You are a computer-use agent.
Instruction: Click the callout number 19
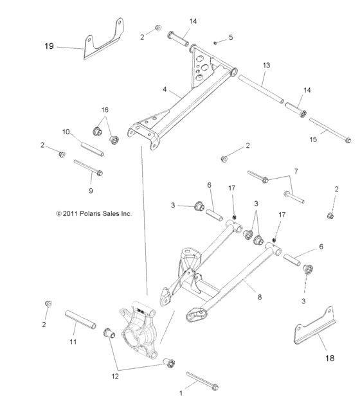(49, 46)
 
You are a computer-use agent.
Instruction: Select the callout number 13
(266, 66)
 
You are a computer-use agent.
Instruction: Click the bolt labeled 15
(329, 129)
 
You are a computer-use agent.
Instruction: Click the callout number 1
(181, 391)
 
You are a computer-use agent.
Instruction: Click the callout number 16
(105, 109)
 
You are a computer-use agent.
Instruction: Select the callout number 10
(66, 132)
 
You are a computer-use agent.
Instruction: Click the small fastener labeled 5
(216, 42)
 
